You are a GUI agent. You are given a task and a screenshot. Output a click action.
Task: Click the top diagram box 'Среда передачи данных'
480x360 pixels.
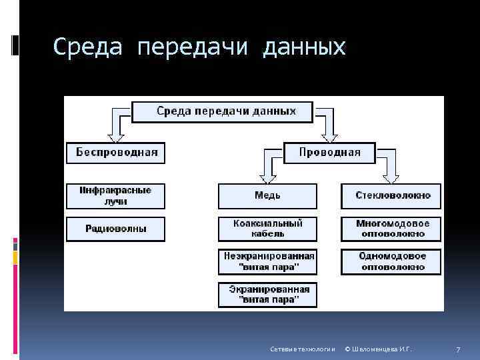coord(222,111)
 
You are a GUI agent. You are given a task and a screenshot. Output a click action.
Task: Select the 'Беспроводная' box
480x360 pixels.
coord(116,152)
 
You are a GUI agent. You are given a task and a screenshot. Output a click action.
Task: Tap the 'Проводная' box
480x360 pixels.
coord(329,152)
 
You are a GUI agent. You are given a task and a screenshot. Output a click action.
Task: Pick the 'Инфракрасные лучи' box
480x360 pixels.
coord(116,195)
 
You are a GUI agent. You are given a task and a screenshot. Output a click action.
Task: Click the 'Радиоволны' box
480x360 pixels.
coord(116,229)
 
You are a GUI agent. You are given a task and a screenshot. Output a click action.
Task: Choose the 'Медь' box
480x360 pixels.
coord(268,195)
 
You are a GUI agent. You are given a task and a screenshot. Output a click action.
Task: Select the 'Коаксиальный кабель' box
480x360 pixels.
coord(268,229)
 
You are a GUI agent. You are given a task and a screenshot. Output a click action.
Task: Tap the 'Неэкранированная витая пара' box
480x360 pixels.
coord(268,261)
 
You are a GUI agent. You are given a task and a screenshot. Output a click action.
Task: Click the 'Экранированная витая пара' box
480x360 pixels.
coord(268,295)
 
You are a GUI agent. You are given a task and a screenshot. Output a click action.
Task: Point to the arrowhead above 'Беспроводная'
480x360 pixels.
coord(116,136)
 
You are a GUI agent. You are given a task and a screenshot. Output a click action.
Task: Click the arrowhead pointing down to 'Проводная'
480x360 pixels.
coord(329,136)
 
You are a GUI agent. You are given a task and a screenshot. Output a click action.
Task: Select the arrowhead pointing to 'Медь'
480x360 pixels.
coord(268,178)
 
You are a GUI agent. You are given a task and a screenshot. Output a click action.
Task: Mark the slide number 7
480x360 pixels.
coord(458,349)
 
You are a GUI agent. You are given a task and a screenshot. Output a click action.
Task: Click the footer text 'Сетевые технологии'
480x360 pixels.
coord(302,349)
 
